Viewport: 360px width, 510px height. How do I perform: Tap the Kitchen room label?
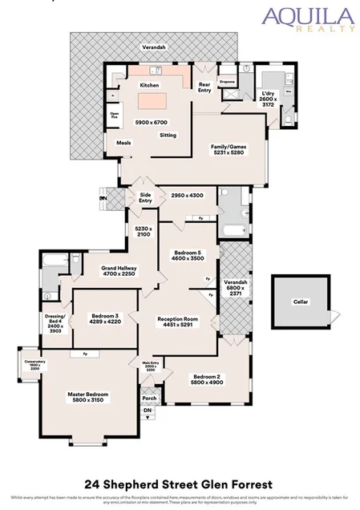pos(150,85)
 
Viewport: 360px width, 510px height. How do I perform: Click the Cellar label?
pos(300,302)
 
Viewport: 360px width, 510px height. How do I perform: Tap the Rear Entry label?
pos(204,87)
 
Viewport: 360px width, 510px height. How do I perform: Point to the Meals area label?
pos(123,144)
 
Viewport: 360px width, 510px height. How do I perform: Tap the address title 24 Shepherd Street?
pos(180,484)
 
